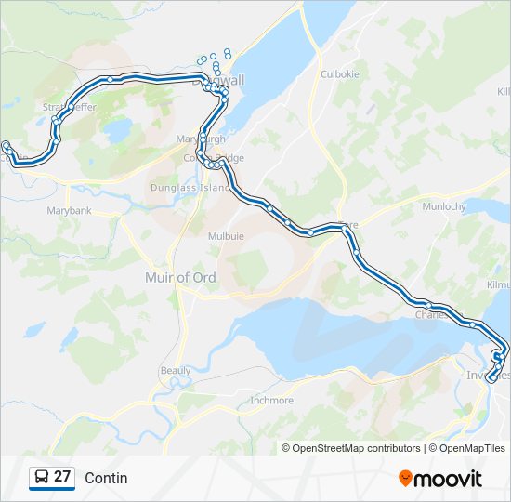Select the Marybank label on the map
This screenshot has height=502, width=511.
(x=70, y=211)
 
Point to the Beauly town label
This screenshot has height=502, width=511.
(x=175, y=370)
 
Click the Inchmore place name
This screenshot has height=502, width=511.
(x=271, y=401)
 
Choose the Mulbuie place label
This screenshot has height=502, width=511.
(x=226, y=236)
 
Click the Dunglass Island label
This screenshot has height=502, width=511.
(x=190, y=188)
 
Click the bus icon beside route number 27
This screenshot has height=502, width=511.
(x=41, y=478)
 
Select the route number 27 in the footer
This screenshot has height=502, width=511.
(x=62, y=477)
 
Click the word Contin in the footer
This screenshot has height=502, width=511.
(x=106, y=478)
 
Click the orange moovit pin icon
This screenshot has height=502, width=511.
(x=405, y=479)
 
